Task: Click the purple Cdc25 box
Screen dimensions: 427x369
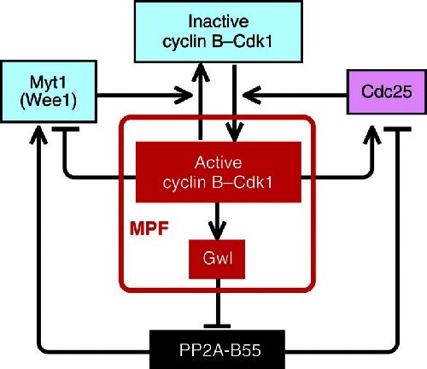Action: (387, 92)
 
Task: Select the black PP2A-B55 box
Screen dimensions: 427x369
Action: (217, 349)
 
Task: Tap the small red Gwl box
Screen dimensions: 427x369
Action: (217, 259)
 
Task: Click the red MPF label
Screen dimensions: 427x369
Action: (149, 228)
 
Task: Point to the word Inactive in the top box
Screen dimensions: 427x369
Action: (219, 21)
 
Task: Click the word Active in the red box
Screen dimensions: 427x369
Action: (219, 162)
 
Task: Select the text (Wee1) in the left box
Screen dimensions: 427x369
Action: (49, 101)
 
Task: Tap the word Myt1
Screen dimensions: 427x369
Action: (48, 83)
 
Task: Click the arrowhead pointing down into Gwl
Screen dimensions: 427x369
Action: (217, 230)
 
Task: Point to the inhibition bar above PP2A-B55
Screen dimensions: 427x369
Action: (217, 326)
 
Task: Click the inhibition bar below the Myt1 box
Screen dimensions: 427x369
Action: (66, 129)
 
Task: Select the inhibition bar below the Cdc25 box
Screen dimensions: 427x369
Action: (397, 129)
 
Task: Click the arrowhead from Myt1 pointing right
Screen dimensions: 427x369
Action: (184, 95)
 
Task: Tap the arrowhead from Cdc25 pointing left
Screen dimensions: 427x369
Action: (252, 95)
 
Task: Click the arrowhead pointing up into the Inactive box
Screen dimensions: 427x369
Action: (201, 72)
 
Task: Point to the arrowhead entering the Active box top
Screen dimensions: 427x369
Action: (234, 132)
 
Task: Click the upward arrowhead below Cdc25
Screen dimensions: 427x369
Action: (372, 135)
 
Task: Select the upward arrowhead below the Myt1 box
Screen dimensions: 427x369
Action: (38, 135)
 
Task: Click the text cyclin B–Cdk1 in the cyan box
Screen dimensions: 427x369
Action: (217, 42)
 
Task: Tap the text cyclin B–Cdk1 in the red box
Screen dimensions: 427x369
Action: (218, 183)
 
